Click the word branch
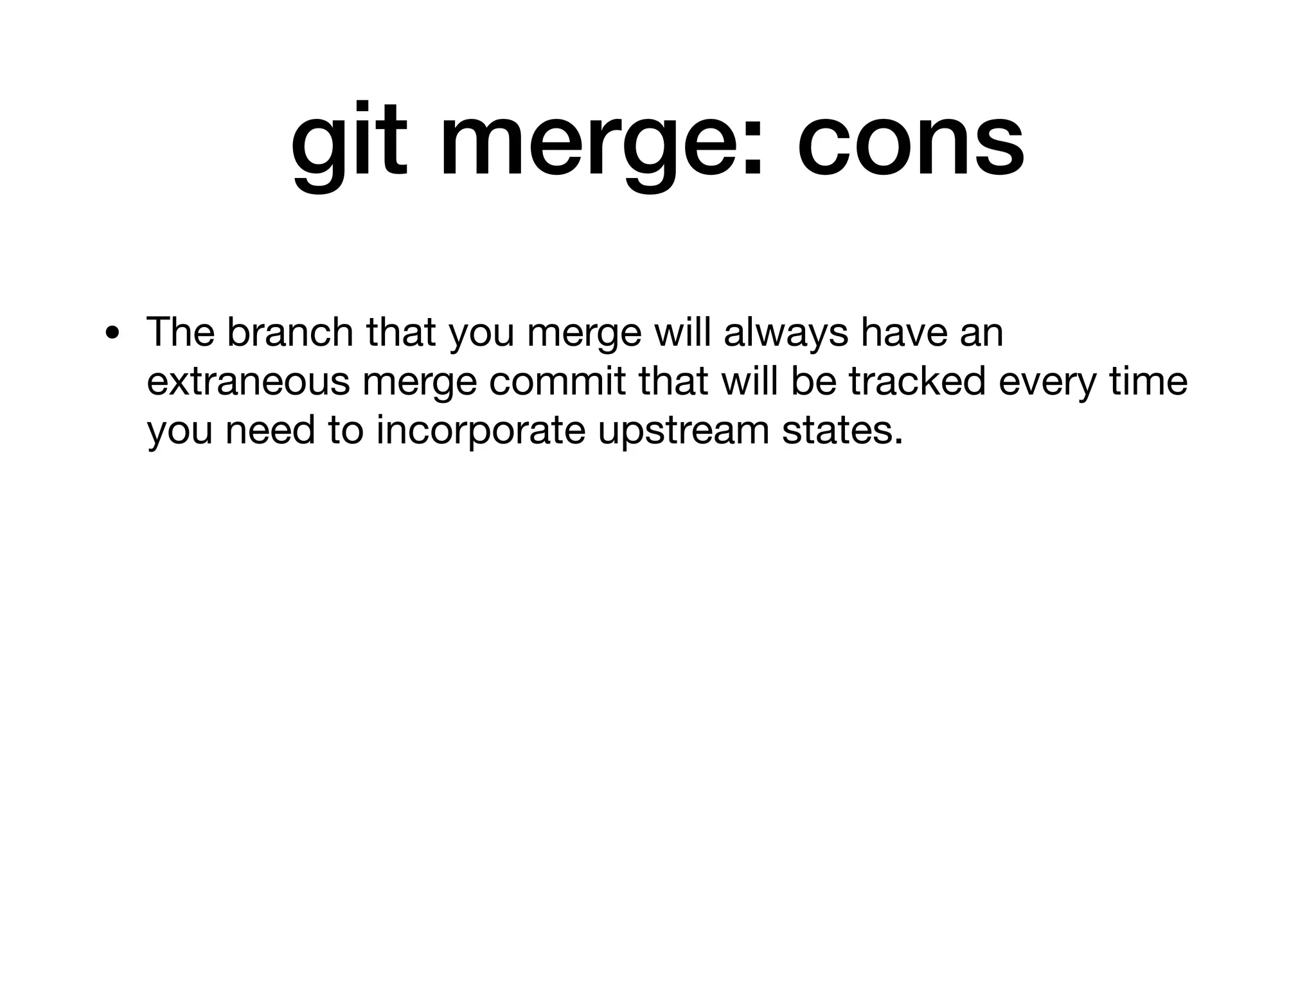click(290, 332)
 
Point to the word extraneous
click(248, 381)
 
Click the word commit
click(557, 381)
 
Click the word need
click(270, 430)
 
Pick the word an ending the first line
click(981, 333)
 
